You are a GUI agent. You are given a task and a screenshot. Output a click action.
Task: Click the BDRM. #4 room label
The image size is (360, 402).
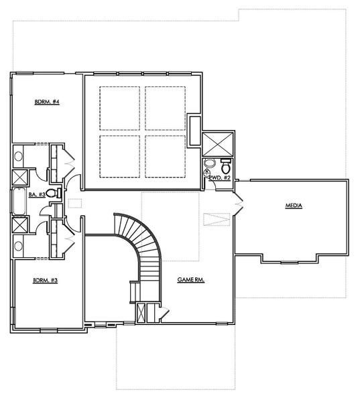[x=48, y=102]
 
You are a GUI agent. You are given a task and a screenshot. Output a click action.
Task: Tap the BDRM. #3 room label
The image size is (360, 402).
[x=46, y=280]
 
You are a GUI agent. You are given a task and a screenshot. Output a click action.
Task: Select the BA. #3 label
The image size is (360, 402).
[x=37, y=194]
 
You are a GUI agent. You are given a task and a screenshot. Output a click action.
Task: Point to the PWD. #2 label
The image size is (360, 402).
[x=221, y=178]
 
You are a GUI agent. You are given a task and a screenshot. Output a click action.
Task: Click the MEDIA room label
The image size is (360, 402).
[x=294, y=206]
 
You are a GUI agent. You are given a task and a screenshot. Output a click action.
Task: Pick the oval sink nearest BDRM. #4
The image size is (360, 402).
[x=19, y=156]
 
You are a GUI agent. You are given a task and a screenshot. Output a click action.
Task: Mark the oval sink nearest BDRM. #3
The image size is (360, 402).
[x=19, y=245]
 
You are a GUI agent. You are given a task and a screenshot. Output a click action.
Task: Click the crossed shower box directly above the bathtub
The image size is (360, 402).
[x=19, y=178]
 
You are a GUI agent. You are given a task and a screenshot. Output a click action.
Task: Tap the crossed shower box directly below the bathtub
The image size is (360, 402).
[x=19, y=225]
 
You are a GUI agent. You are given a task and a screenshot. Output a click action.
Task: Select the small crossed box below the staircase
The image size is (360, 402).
[x=141, y=313]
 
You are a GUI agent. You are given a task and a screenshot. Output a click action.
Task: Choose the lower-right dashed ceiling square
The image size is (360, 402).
[x=165, y=156]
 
